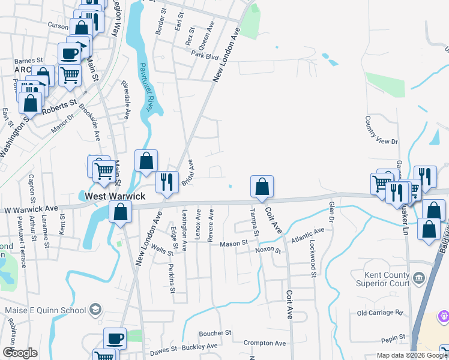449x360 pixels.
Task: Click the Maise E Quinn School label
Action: (45, 310)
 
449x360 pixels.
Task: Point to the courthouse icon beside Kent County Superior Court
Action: (419, 277)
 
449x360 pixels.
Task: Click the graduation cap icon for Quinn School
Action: (95, 310)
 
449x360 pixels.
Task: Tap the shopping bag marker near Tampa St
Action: (262, 187)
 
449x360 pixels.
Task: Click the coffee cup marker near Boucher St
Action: (115, 338)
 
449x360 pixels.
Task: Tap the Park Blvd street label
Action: (204, 55)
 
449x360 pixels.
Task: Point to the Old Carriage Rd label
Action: (380, 313)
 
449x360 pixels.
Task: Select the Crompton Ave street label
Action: (264, 343)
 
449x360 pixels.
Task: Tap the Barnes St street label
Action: (29, 61)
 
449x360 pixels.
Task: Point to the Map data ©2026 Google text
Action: (412, 355)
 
